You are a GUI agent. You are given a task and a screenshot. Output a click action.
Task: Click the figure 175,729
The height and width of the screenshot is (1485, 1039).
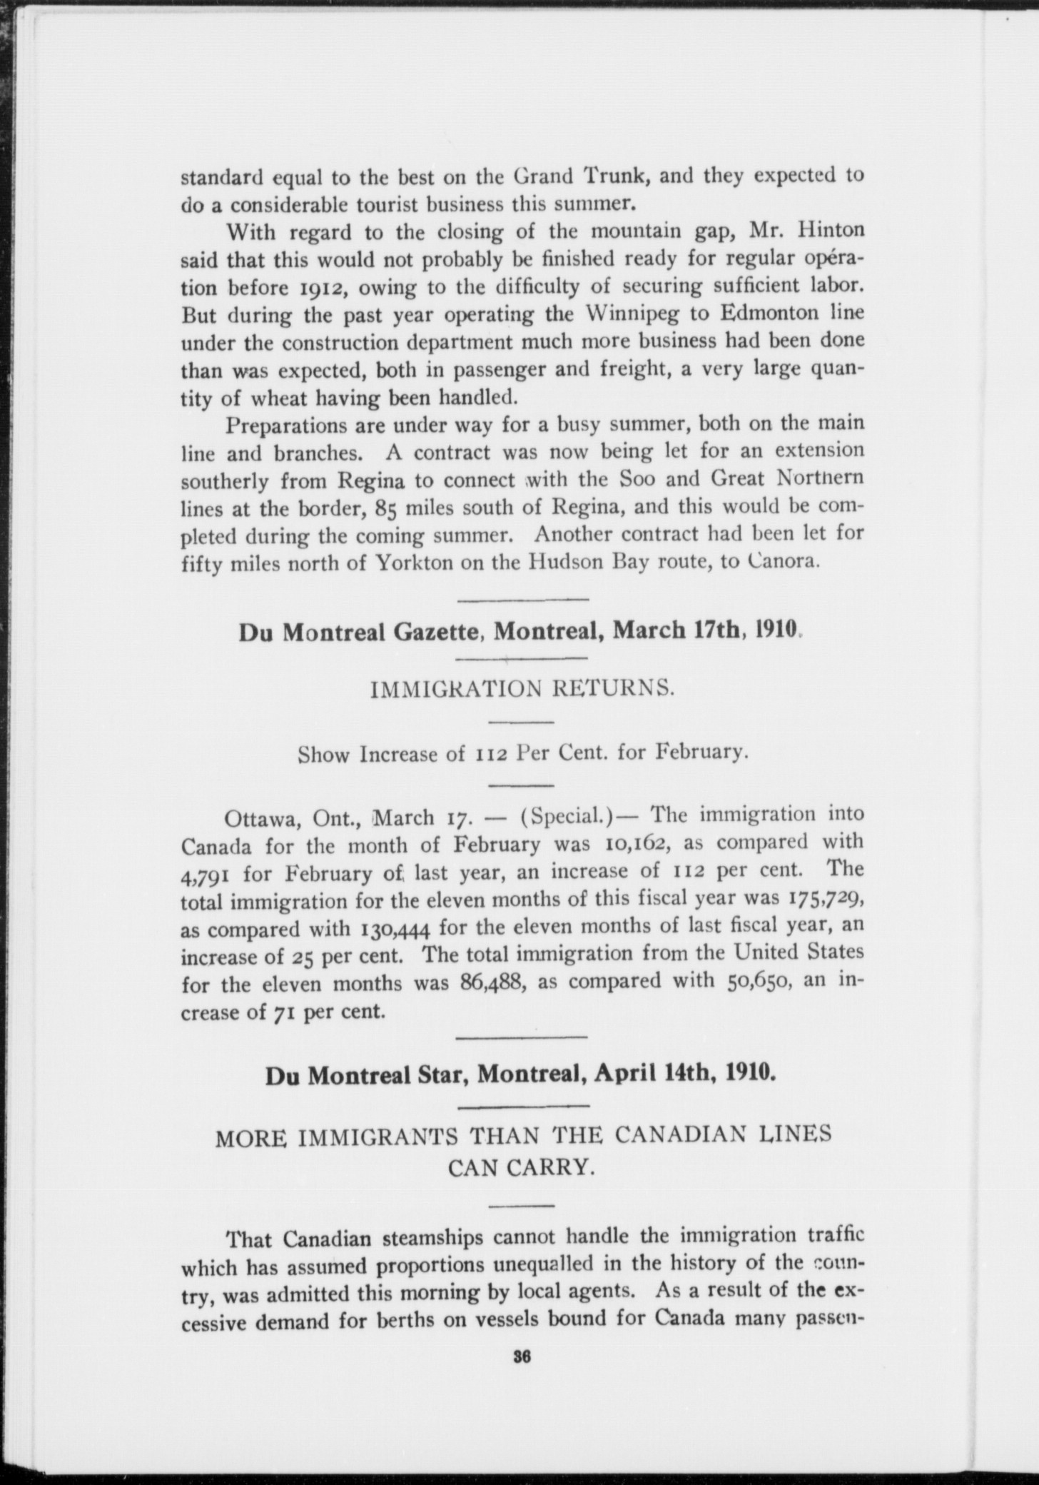[823, 900]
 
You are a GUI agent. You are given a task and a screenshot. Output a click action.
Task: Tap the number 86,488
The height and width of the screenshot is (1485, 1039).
[493, 983]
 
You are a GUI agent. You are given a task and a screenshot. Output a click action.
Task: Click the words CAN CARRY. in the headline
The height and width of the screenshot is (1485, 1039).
[520, 1168]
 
